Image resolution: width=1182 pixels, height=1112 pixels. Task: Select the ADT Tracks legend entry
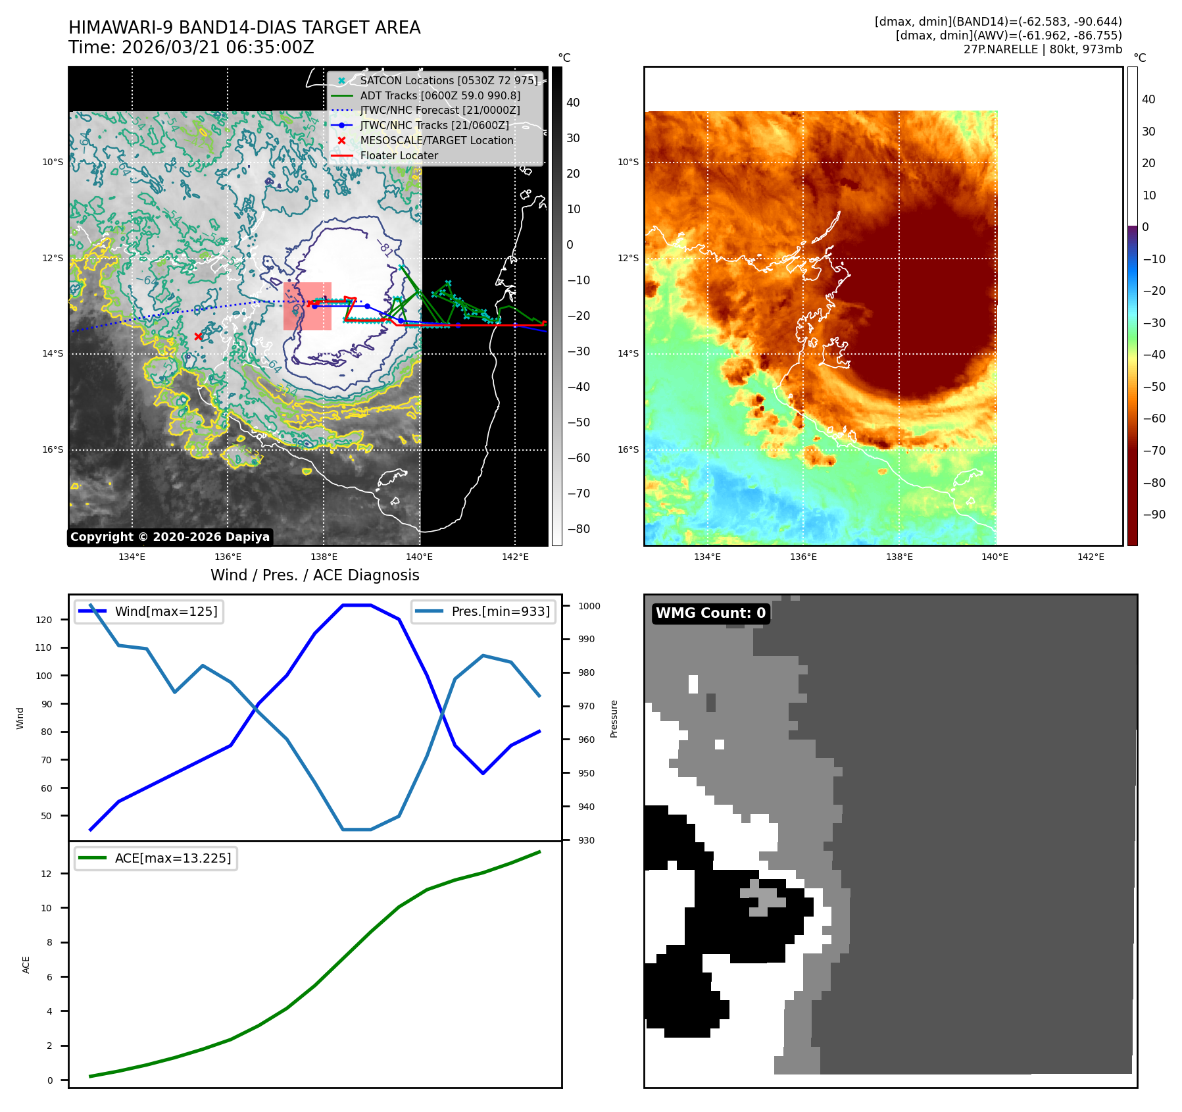click(440, 95)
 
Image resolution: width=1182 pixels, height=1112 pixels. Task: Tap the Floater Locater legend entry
click(399, 155)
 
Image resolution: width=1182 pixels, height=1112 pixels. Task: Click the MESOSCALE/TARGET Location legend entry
click(436, 140)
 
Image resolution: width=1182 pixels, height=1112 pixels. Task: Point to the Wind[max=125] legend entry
click(166, 611)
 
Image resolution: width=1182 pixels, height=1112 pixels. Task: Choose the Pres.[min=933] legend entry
click(500, 611)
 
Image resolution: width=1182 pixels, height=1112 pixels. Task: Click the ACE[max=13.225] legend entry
click(173, 858)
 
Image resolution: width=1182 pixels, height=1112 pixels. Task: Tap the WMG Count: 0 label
click(710, 613)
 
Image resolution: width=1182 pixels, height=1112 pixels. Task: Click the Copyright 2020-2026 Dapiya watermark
click(170, 537)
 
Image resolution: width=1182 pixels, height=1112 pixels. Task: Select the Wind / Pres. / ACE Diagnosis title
click(314, 575)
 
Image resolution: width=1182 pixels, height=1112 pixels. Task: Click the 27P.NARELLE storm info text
click(1043, 49)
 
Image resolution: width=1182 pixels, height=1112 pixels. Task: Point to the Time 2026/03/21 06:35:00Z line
click(191, 47)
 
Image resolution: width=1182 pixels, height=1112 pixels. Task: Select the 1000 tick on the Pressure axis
click(589, 606)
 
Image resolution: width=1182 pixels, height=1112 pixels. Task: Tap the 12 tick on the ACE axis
click(46, 874)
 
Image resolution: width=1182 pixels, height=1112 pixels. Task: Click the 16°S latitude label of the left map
click(53, 450)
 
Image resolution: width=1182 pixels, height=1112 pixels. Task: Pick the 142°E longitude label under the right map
click(1091, 557)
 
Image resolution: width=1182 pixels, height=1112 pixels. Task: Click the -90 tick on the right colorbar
click(1154, 515)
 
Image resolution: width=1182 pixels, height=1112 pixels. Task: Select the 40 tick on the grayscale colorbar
click(573, 103)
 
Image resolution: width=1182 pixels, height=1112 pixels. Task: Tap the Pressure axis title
click(614, 719)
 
